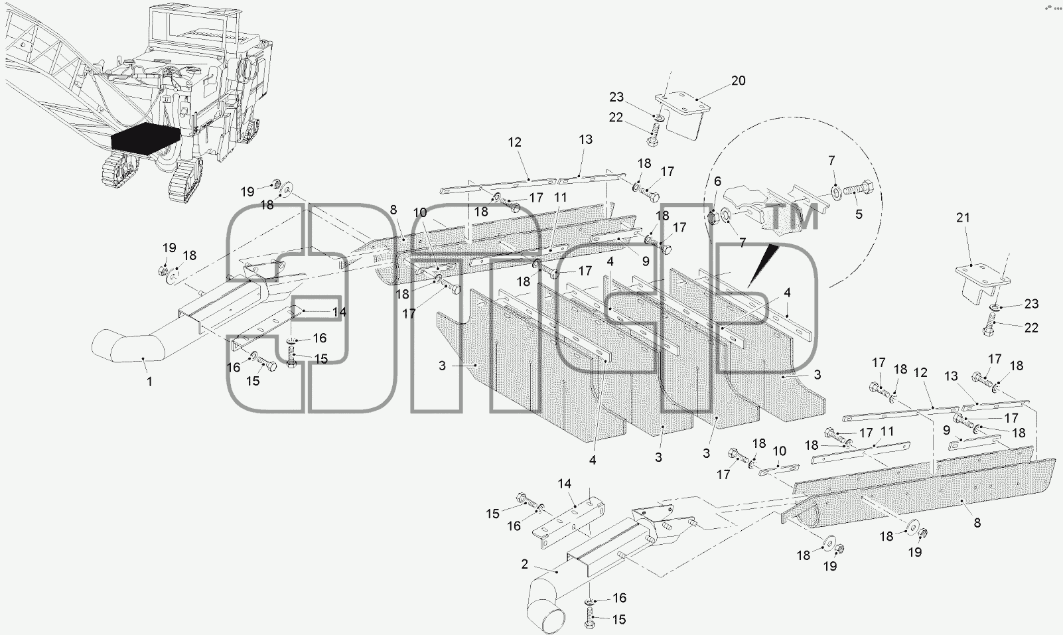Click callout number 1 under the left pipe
(149, 381)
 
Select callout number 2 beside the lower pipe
(524, 564)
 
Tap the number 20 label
(739, 81)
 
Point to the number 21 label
(963, 218)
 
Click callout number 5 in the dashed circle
(859, 214)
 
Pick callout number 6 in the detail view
(717, 181)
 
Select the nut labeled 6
(712, 218)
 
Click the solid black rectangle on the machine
(146, 137)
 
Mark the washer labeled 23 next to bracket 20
(659, 117)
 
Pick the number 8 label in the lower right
(977, 522)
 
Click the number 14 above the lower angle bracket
(564, 484)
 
